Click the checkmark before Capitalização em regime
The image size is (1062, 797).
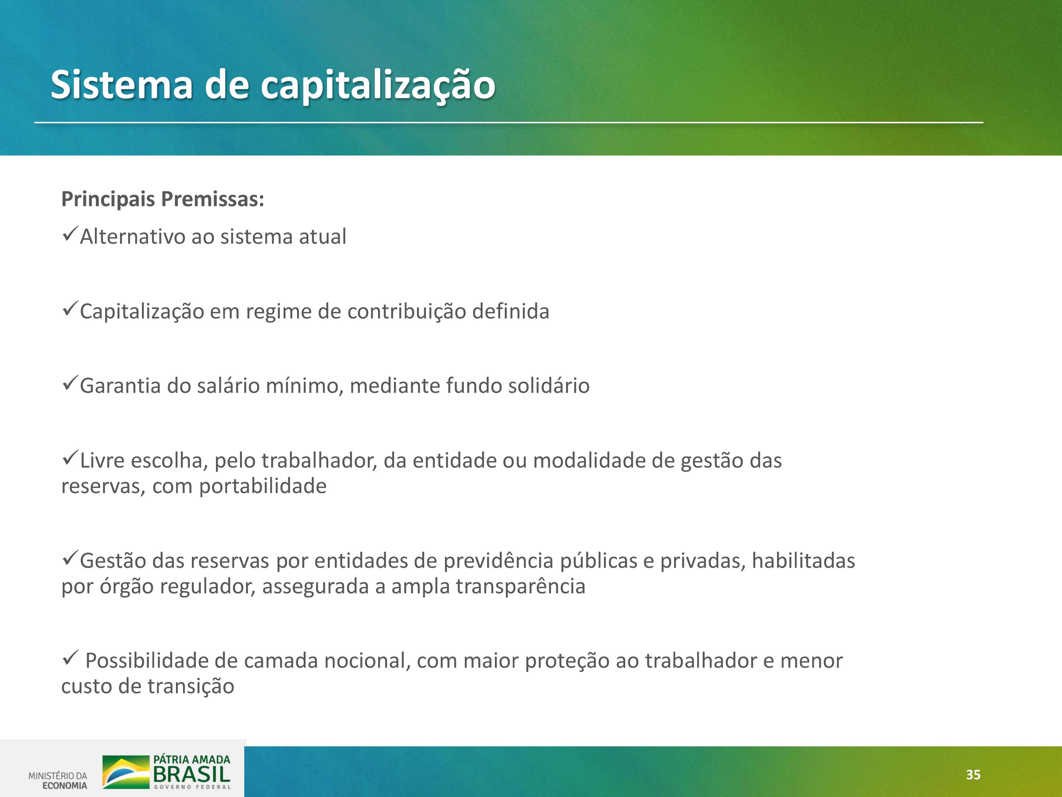[x=70, y=309]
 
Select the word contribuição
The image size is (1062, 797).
[x=407, y=312]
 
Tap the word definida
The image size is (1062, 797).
[x=511, y=311]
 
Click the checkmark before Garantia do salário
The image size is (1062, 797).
[x=70, y=383]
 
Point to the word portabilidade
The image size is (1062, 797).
[x=263, y=487]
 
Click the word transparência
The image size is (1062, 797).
[x=520, y=587]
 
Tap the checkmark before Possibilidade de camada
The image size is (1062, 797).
[x=70, y=658]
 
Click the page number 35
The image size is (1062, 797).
[x=973, y=774]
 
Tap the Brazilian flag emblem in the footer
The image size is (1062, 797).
[x=126, y=771]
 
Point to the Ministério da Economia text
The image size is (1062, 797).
[x=58, y=780]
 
